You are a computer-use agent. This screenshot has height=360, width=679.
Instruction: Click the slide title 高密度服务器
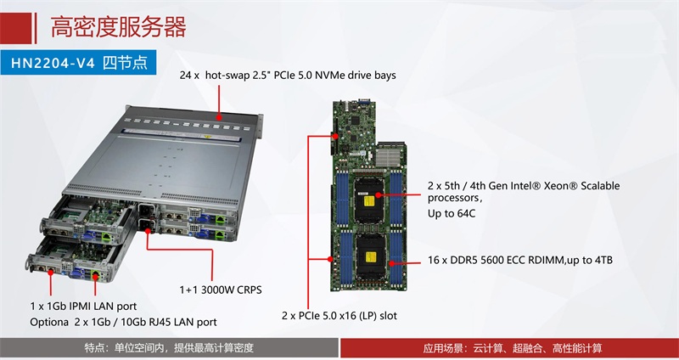point(118,27)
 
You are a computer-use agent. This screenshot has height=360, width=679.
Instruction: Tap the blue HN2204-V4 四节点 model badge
point(78,63)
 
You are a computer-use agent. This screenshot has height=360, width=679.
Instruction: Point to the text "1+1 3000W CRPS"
point(221,290)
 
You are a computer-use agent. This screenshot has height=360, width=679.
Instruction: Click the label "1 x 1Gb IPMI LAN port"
point(83,307)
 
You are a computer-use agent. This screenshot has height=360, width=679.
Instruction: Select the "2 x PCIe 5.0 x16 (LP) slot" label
point(339,315)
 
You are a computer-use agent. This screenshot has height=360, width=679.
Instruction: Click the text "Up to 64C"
point(452,214)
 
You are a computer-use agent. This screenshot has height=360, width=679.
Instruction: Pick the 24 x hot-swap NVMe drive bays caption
point(288,76)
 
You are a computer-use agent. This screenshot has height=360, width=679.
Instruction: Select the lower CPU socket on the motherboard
point(370,256)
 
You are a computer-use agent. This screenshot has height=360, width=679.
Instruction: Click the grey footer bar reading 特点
point(169,348)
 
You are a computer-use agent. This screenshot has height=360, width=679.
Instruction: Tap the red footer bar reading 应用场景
point(510,348)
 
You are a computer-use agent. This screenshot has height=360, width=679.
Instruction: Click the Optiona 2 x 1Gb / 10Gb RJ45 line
point(123,323)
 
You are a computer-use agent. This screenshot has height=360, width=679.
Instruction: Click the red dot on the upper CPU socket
point(378,195)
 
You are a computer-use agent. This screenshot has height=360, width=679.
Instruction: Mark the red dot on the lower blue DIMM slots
point(391,262)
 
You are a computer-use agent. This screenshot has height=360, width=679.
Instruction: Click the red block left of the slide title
point(16,29)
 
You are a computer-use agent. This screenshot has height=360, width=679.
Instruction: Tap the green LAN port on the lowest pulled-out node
point(95,274)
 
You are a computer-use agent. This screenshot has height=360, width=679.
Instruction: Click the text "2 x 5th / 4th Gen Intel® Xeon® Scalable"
point(524,186)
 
